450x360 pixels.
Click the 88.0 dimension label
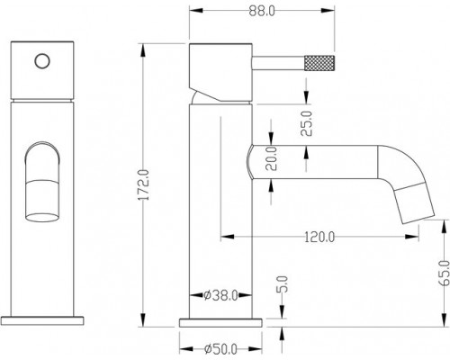[x=262, y=12]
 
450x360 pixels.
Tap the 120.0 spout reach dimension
[x=319, y=237]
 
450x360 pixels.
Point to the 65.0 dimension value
[x=445, y=273]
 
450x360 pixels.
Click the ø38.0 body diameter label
[x=220, y=295]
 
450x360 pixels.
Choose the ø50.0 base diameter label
[x=220, y=349]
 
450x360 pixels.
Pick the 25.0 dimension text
[x=307, y=123]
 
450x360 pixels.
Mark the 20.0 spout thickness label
[x=272, y=158]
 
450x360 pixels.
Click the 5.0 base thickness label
[x=283, y=284]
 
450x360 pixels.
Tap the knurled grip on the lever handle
[x=319, y=63]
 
